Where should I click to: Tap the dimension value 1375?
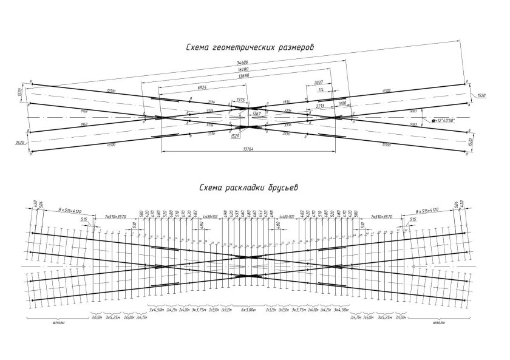coord(240,101)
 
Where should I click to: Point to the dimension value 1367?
coord(256,114)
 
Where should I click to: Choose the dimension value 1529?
coord(236,137)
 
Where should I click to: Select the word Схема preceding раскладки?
coord(212,188)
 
